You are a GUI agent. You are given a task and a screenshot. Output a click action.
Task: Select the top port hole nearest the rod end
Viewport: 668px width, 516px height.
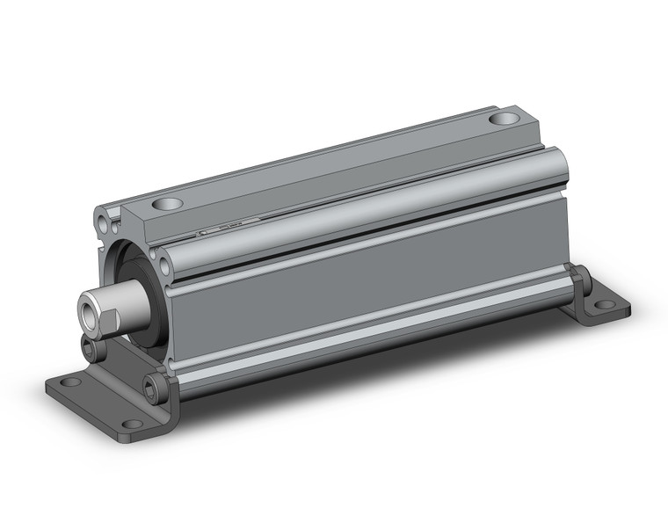[x=167, y=204]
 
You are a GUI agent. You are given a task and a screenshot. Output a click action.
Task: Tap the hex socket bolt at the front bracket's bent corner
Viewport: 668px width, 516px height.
[x=153, y=383]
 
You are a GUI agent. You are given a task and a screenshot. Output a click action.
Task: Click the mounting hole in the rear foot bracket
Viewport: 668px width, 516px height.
[x=605, y=305]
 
